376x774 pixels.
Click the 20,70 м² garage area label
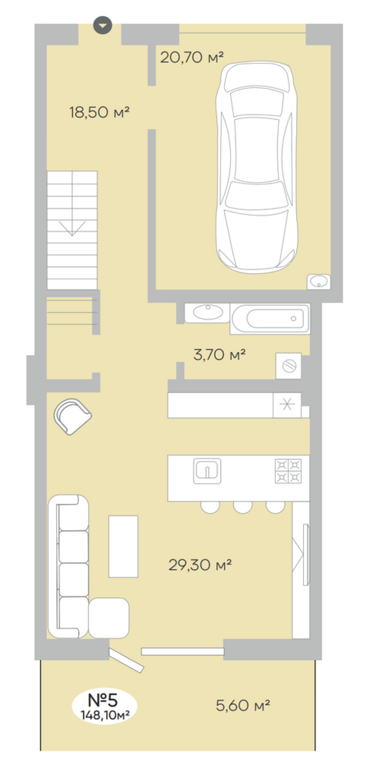click(192, 57)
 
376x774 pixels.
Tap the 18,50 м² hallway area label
click(100, 112)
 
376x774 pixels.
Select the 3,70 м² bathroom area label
click(220, 354)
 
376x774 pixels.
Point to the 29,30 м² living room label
click(200, 565)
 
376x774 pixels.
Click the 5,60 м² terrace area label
click(243, 705)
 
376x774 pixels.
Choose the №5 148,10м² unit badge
click(105, 706)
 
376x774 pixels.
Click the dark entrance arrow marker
click(103, 26)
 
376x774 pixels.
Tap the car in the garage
click(257, 167)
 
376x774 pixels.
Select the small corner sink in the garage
click(319, 281)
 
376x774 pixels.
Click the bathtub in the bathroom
click(270, 319)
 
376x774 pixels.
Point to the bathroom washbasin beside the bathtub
click(207, 313)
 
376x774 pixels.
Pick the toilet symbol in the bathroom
click(288, 366)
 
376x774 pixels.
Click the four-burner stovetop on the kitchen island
click(288, 471)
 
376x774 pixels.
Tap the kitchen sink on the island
click(207, 471)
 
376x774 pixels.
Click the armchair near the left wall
click(72, 416)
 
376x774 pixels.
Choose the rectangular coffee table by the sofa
click(123, 546)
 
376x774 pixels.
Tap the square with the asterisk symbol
click(287, 405)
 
